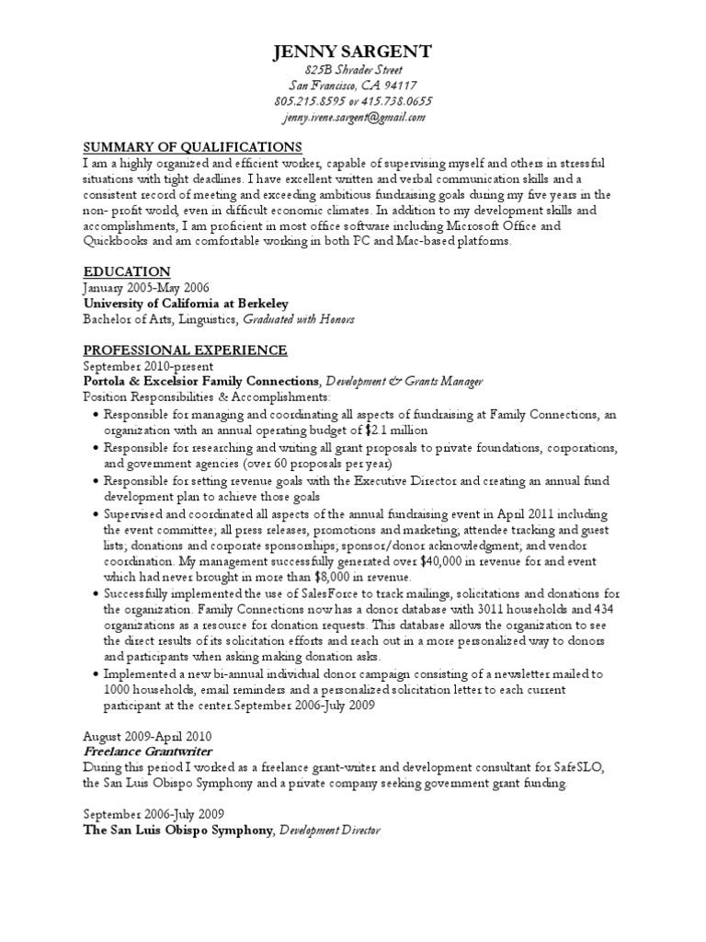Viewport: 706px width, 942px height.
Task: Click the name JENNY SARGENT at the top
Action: click(x=353, y=52)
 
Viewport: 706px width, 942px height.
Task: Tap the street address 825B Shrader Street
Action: click(x=353, y=71)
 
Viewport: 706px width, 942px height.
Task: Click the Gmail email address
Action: click(x=353, y=118)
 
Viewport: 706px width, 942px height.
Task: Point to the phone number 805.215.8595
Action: click(x=308, y=101)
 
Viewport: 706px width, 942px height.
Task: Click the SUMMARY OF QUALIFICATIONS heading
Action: click(x=192, y=147)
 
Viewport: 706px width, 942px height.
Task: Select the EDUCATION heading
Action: click(x=126, y=271)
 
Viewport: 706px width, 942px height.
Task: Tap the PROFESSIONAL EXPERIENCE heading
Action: click(x=185, y=350)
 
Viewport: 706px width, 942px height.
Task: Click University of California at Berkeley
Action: click(x=186, y=303)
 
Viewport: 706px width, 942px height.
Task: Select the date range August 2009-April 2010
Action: click(x=148, y=736)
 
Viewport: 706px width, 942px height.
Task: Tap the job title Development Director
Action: click(x=329, y=830)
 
